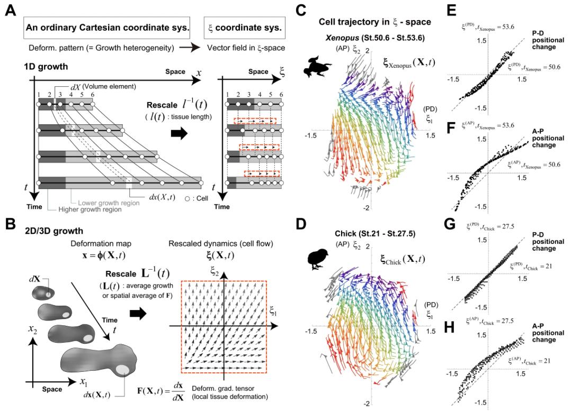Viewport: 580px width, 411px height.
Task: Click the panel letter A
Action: [x=10, y=11]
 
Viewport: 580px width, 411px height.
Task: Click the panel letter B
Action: [x=10, y=225]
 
